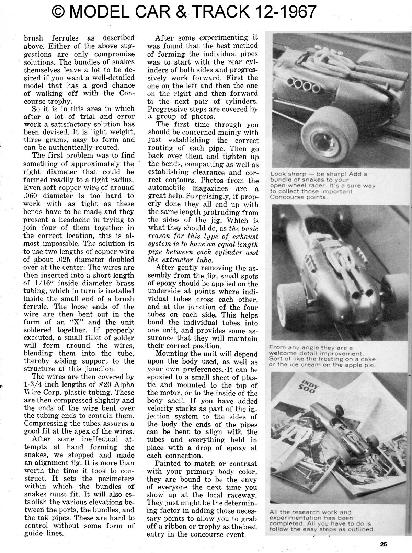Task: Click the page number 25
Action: [x=384, y=544]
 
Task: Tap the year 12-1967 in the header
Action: [x=281, y=12]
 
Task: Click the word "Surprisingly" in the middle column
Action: [x=209, y=197]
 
